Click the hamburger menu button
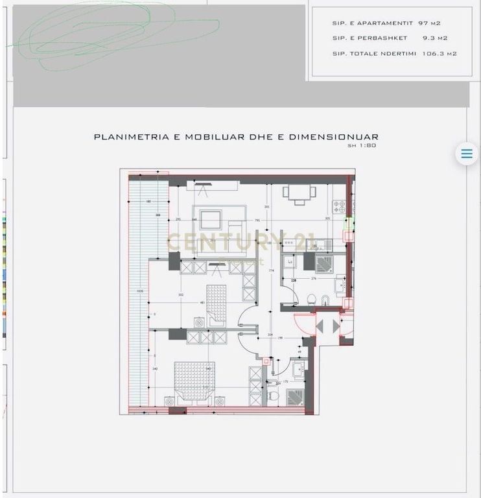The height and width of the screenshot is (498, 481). click(x=466, y=154)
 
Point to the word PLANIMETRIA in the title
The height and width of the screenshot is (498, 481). click(x=132, y=137)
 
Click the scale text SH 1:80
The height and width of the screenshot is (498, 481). click(x=362, y=145)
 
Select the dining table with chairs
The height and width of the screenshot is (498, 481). click(x=299, y=192)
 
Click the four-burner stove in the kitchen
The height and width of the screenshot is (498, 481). click(x=339, y=206)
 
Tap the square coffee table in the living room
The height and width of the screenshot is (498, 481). click(x=211, y=220)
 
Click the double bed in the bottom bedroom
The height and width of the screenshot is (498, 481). click(x=194, y=381)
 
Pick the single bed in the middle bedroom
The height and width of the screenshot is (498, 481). click(x=217, y=303)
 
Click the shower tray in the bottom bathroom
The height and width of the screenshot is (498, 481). click(x=295, y=397)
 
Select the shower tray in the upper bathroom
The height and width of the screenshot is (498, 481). click(x=323, y=264)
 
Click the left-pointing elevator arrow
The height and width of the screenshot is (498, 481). click(x=320, y=326)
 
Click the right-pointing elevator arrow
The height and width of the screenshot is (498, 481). click(x=336, y=326)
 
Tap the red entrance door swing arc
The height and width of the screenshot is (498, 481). click(x=303, y=323)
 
